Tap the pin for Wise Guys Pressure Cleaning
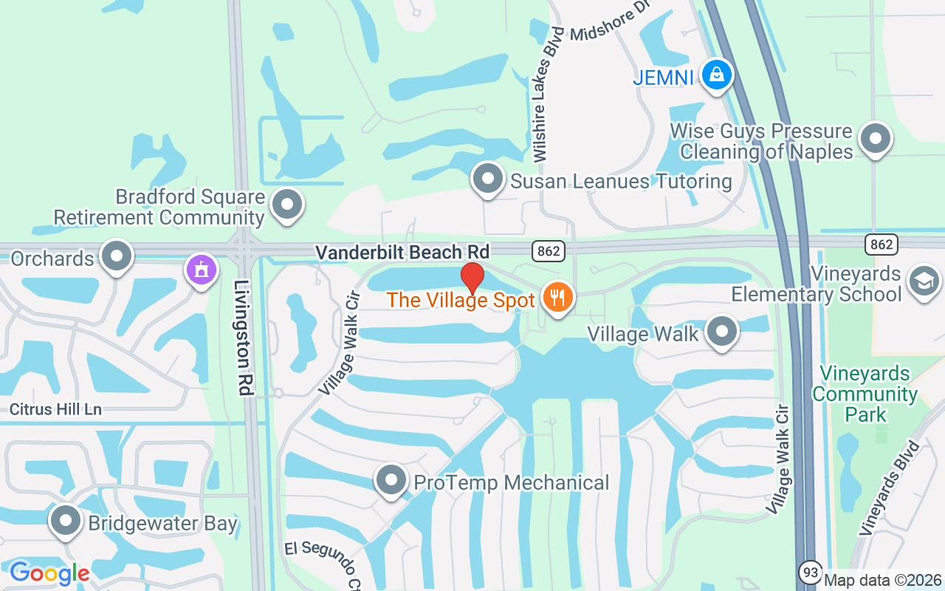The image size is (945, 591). (876, 138)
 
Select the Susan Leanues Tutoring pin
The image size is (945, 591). (487, 179)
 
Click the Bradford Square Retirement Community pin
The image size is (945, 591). (287, 205)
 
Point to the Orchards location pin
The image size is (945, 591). (116, 256)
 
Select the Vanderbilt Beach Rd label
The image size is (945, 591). (402, 252)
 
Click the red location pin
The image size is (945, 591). (472, 278)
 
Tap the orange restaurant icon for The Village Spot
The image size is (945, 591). (557, 298)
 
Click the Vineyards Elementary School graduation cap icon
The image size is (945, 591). (924, 281)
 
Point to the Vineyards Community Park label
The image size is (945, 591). (865, 394)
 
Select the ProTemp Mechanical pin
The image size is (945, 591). (391, 481)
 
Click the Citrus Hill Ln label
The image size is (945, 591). (56, 409)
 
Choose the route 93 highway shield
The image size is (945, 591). (809, 572)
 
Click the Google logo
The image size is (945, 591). (49, 573)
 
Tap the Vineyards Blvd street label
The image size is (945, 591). (890, 488)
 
